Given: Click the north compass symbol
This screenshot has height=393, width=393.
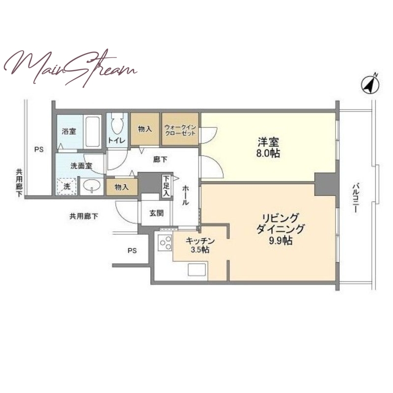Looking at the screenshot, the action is tap(370, 84).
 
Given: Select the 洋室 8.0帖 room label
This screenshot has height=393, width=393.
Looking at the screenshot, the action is tap(268, 148).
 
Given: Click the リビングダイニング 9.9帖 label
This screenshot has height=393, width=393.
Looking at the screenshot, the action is tap(280, 229).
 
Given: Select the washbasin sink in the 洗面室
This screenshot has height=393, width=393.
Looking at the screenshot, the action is tap(92, 186).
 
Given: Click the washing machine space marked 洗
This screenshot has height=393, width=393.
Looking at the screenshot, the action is tap(67, 186).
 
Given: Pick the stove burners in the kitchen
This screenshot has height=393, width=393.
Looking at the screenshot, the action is tap(165, 243).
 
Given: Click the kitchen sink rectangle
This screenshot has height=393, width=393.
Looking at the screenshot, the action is tap(197, 270).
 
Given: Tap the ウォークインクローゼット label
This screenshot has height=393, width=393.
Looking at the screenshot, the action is tap(180, 130).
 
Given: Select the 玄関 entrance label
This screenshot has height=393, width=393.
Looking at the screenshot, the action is tap(156, 213).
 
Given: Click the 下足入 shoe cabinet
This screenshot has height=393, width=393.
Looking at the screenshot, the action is tap(167, 186).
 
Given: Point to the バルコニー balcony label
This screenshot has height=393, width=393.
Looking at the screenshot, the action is tap(355, 198).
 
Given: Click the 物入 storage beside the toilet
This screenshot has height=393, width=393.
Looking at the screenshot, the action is tap(145, 129).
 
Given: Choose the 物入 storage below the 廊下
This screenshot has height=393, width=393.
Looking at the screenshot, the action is tap(122, 187).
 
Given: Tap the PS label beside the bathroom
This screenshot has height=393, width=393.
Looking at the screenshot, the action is tap(39, 150).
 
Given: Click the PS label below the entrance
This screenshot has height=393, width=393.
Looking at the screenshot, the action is tap(132, 251).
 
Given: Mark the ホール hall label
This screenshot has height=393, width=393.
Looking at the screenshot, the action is tap(186, 195).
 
